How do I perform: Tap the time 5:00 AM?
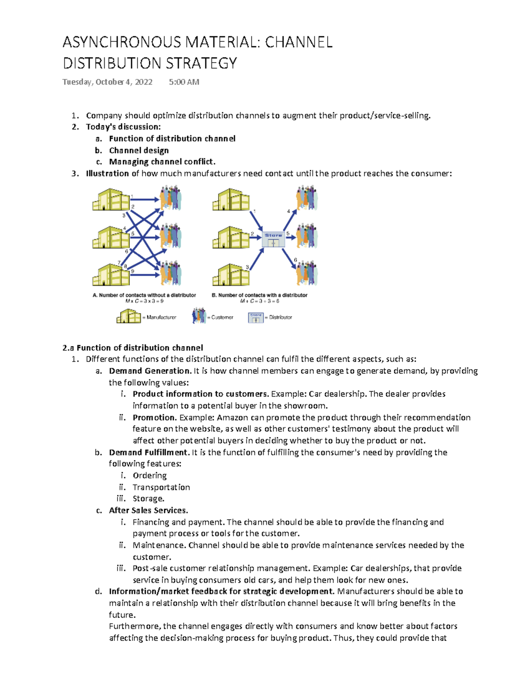tap(184, 82)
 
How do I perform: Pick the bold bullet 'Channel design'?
tap(139, 150)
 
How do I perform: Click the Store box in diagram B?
tap(273, 239)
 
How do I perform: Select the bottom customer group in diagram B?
tap(307, 273)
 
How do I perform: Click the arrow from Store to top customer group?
tap(290, 219)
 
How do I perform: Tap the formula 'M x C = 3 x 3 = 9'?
tap(144, 301)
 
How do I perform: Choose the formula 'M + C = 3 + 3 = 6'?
tap(260, 301)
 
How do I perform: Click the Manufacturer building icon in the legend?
tap(128, 316)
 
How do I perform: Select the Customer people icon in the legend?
tap(199, 316)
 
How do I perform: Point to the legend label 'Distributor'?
tap(280, 317)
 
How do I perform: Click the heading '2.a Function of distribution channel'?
tap(133, 348)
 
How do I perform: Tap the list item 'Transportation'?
tap(161, 487)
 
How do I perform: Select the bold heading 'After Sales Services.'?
tap(148, 510)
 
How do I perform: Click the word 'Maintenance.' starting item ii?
tap(159, 545)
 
